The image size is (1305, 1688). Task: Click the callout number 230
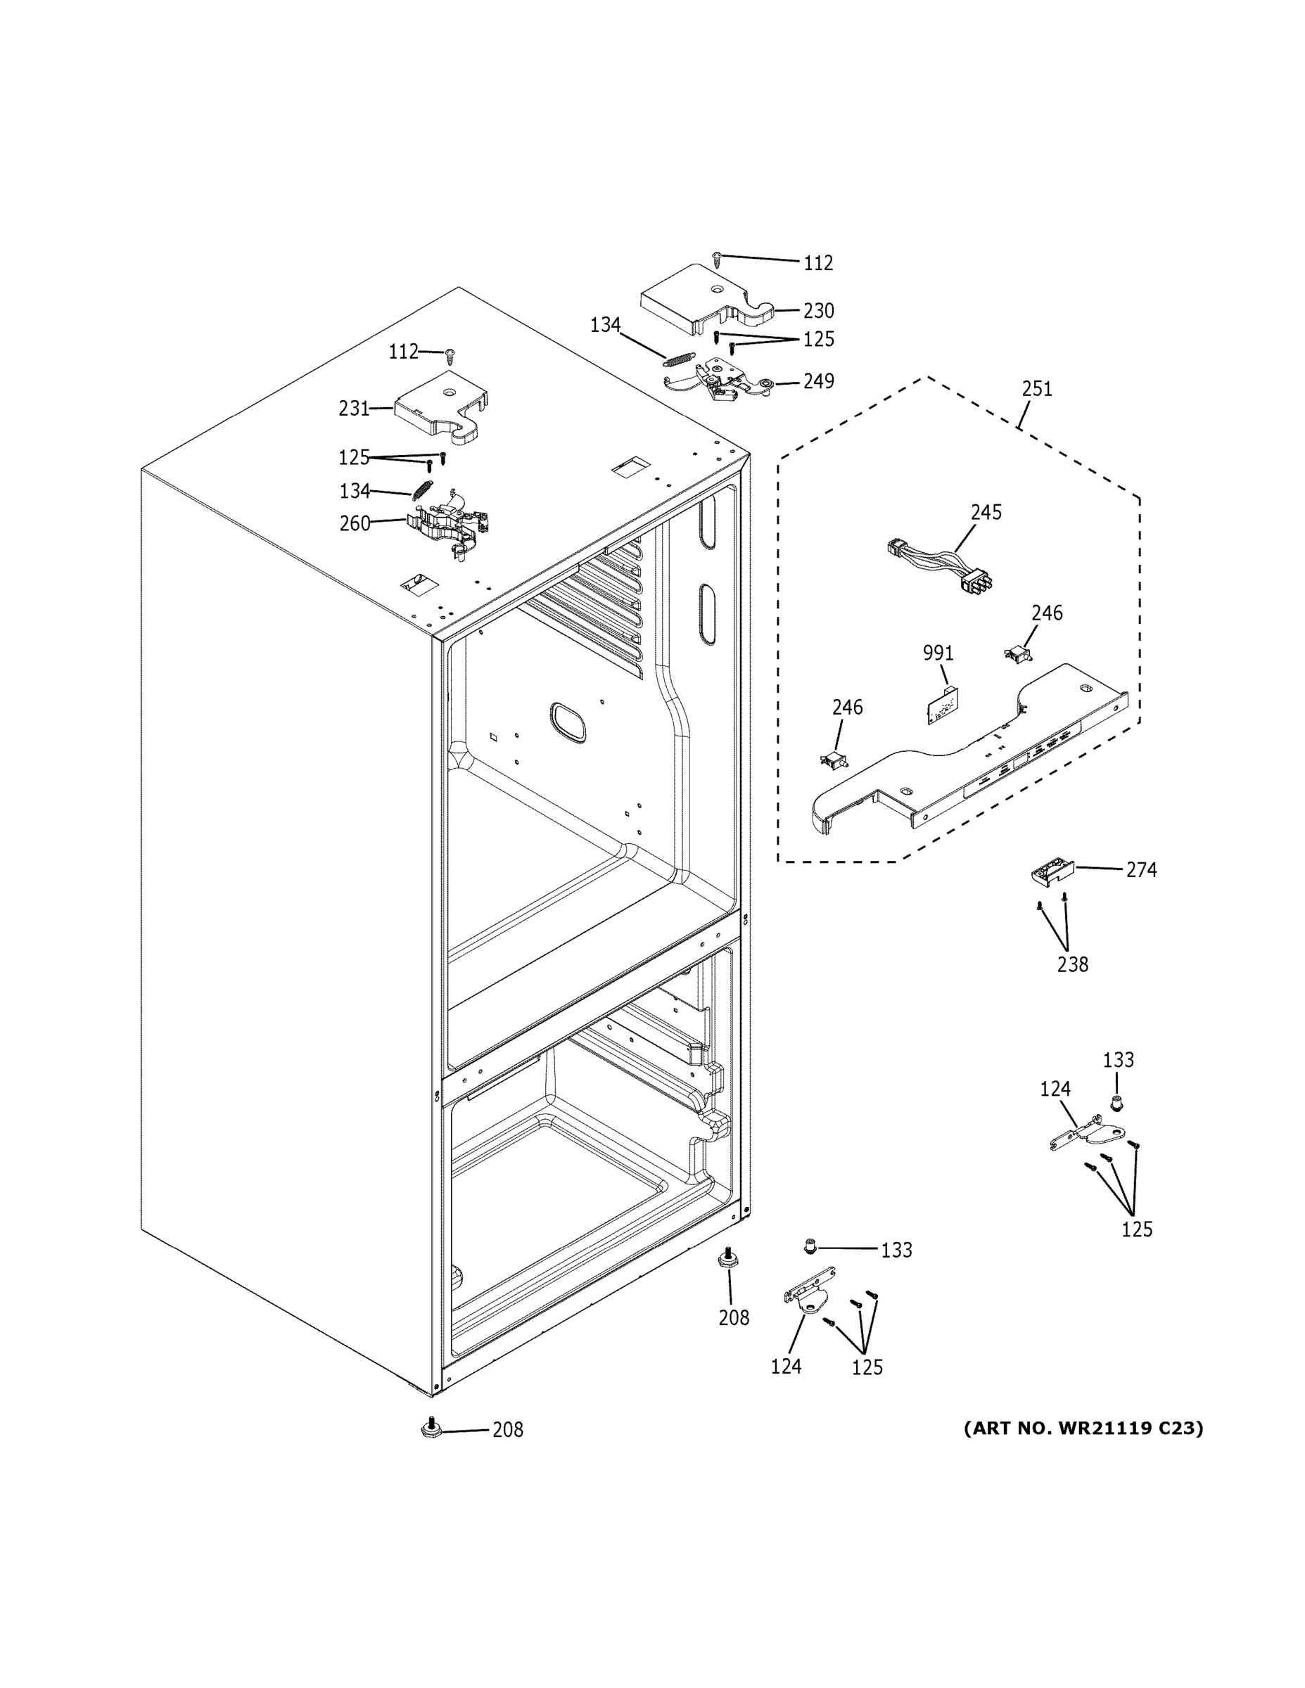click(818, 311)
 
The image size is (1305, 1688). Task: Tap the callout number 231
click(354, 408)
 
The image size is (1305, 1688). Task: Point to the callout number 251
click(1037, 389)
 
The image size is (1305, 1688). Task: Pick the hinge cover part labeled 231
click(443, 408)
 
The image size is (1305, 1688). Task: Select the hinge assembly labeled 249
click(719, 381)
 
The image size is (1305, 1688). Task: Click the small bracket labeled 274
click(1052, 873)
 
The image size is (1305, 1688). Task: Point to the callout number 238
click(1072, 964)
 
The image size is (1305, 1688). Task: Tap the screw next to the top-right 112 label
click(718, 258)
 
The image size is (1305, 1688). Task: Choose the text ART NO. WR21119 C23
click(1083, 1428)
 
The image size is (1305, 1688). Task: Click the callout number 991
click(938, 653)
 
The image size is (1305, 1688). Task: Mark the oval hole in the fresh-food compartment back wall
click(568, 722)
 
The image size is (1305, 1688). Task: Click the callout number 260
click(355, 524)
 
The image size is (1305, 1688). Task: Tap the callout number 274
click(1141, 869)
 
